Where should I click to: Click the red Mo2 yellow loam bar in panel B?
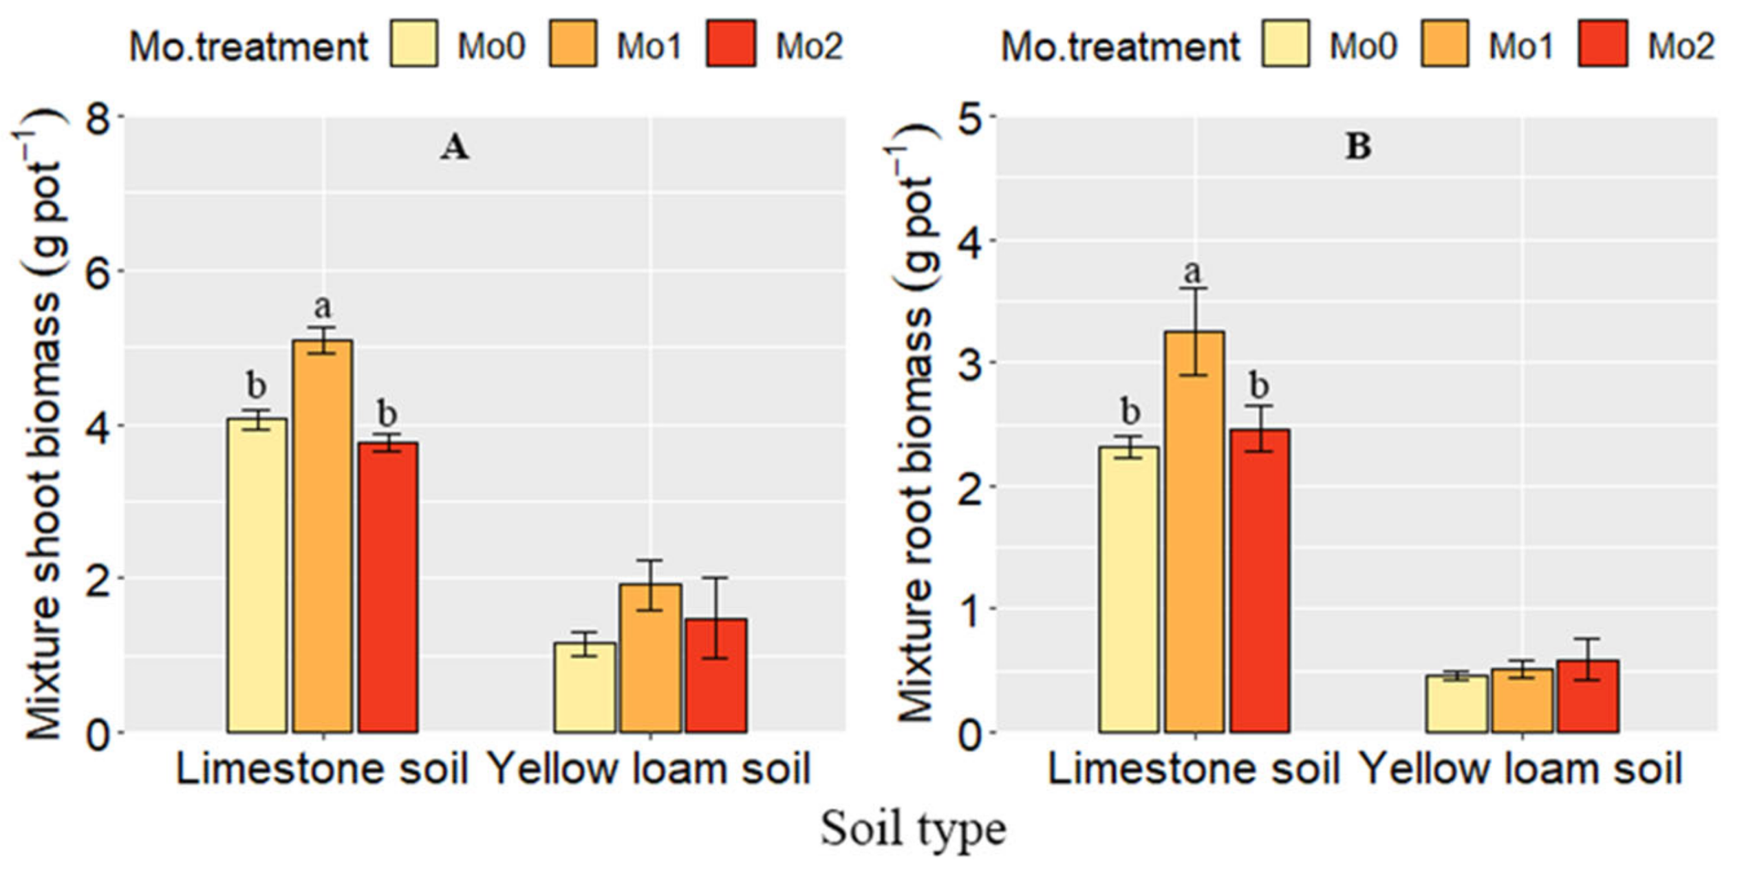click(1588, 696)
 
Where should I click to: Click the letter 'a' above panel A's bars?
click(322, 307)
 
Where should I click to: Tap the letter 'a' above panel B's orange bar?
click(1193, 272)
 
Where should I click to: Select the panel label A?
click(454, 147)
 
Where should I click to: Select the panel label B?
click(1358, 147)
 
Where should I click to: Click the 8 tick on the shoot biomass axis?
click(98, 118)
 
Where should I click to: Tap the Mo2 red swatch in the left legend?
click(731, 44)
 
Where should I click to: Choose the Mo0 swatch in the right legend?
click(1285, 44)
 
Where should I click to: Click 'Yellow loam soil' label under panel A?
click(649, 768)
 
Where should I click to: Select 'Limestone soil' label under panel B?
click(1193, 768)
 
